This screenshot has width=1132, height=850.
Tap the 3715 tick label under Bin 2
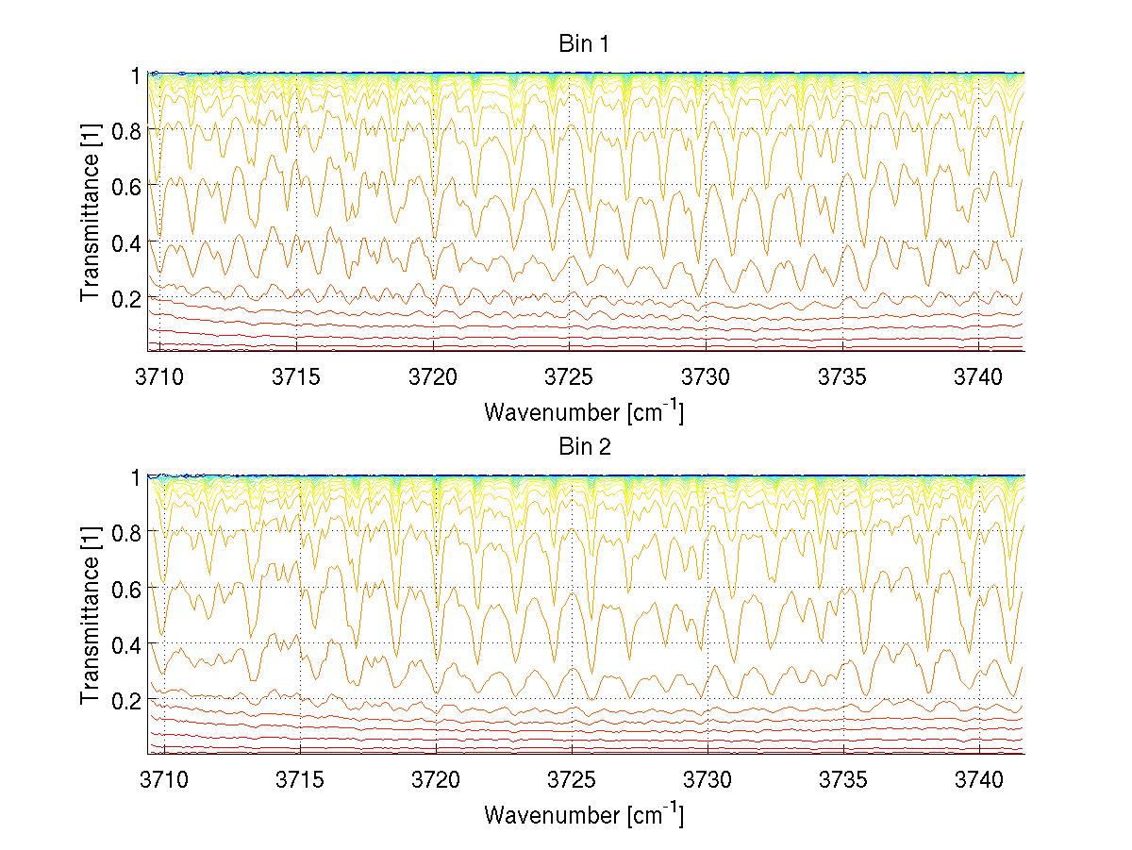[297, 780]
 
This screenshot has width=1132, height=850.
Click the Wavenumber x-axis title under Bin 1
[583, 411]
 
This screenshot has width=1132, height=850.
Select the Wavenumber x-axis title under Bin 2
[583, 814]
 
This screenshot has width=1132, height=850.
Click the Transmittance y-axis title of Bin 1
[91, 212]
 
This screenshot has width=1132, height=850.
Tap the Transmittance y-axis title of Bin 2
[91, 615]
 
